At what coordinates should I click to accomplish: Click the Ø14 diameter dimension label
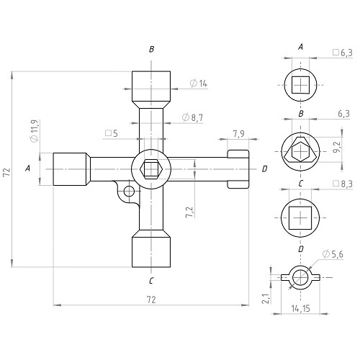point(198,84)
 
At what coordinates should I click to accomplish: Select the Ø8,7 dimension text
point(192,117)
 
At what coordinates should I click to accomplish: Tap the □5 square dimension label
point(112,133)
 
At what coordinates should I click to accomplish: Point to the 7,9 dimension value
point(238,134)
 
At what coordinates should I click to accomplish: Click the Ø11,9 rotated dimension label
point(34,131)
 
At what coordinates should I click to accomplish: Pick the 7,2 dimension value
point(189,212)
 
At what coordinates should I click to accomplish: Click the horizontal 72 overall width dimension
point(151,300)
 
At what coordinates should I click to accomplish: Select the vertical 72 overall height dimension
point(6,172)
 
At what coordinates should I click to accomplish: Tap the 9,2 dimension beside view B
point(337,147)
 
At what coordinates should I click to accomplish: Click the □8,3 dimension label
point(343,184)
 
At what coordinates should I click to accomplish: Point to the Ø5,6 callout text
point(333,254)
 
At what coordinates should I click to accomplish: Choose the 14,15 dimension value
point(300,308)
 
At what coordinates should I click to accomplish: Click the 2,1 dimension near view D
point(266,299)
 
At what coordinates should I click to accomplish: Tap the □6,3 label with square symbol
point(343,53)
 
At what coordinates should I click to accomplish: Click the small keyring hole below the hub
point(129,192)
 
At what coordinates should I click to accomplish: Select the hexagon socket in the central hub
point(151,169)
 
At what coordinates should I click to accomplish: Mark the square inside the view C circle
point(300,218)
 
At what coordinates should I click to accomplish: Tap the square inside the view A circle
point(300,85)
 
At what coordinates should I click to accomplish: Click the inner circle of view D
point(300,277)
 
